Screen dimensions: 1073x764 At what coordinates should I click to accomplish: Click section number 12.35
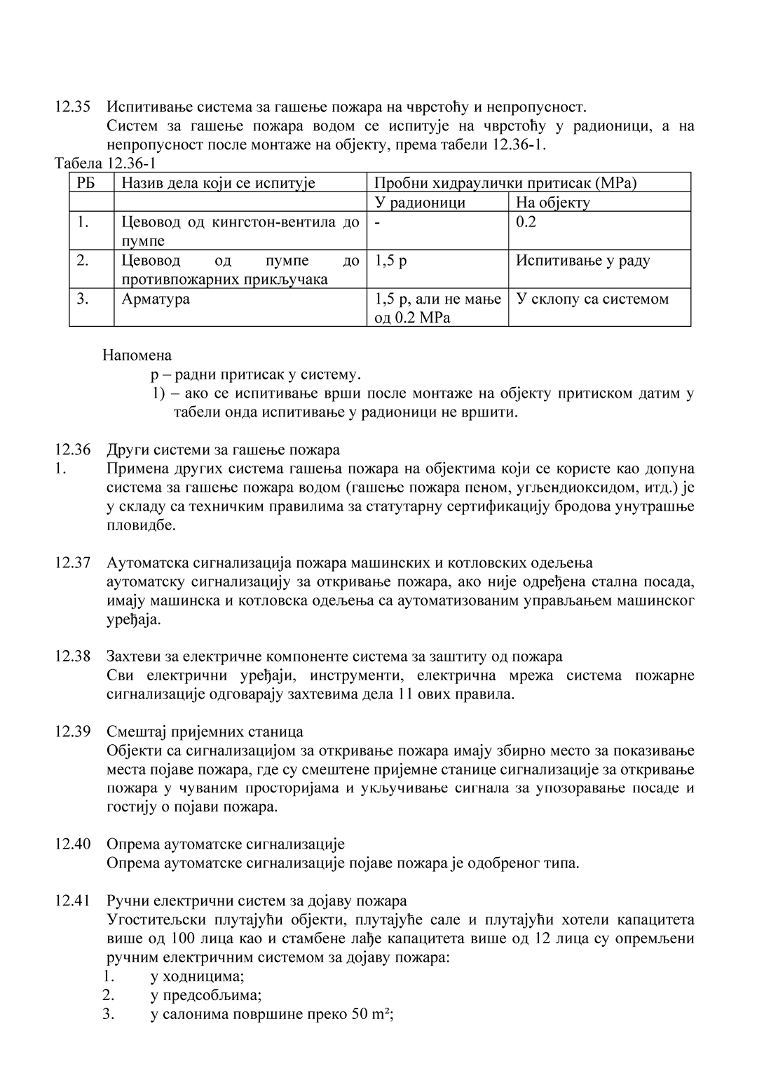(x=72, y=107)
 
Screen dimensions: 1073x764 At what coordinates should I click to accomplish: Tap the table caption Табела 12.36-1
(x=105, y=163)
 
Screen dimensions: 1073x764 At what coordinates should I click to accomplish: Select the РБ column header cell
(x=85, y=183)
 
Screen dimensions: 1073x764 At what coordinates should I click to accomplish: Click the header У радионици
(x=420, y=203)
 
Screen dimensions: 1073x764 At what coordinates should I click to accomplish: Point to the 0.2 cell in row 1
(x=526, y=222)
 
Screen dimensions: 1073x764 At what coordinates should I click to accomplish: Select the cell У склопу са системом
(x=592, y=299)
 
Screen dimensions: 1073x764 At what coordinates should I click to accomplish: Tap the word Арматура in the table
(x=156, y=299)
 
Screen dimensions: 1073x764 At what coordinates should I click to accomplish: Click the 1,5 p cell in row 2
(x=390, y=261)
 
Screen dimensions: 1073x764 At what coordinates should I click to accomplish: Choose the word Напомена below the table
(x=137, y=355)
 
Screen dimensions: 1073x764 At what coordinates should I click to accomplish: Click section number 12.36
(x=72, y=450)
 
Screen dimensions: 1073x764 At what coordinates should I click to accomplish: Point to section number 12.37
(x=72, y=562)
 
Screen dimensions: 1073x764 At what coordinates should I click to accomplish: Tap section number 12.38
(x=72, y=656)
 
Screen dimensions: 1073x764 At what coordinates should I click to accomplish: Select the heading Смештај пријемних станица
(x=205, y=731)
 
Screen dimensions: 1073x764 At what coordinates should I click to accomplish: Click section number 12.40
(x=72, y=844)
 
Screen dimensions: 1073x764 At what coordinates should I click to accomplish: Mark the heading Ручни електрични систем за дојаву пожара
(x=257, y=900)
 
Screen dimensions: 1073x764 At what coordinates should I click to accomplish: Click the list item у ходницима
(x=197, y=976)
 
